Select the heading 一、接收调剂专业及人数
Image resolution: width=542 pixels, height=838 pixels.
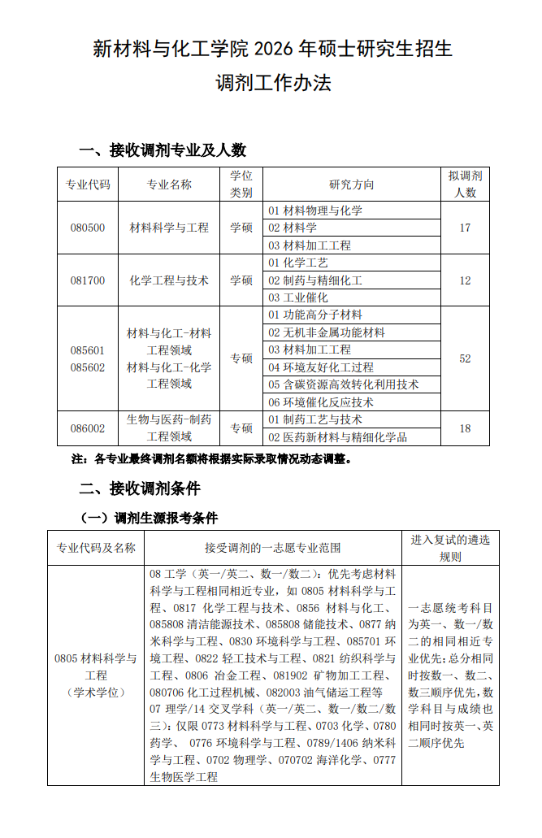162,150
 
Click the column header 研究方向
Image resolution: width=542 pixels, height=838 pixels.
351,185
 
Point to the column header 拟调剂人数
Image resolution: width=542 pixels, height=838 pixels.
465,185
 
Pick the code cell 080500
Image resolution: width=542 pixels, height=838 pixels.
87,228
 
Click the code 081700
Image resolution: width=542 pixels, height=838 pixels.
87,280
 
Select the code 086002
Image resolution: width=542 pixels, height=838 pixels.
87,428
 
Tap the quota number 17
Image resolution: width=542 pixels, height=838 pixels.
465,228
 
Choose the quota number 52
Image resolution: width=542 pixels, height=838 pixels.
465,358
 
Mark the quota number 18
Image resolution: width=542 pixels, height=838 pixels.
465,428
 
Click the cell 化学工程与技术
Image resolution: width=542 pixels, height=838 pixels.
169,280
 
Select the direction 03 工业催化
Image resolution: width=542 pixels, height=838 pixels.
298,297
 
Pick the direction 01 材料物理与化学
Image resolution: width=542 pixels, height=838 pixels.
315,211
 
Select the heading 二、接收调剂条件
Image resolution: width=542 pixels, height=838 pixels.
139,488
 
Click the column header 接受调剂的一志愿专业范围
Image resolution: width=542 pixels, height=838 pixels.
273,548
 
